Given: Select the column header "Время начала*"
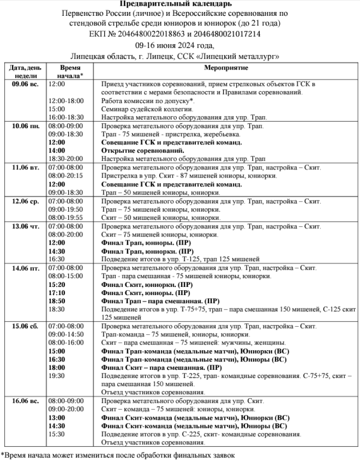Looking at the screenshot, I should coord(70,72).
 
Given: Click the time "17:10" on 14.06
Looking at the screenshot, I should coord(57,293).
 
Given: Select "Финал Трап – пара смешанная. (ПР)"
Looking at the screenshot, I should coord(161,301).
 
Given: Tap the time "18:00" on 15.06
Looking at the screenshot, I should coord(57,368).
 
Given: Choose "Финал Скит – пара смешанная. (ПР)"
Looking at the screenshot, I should coord(161,368).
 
